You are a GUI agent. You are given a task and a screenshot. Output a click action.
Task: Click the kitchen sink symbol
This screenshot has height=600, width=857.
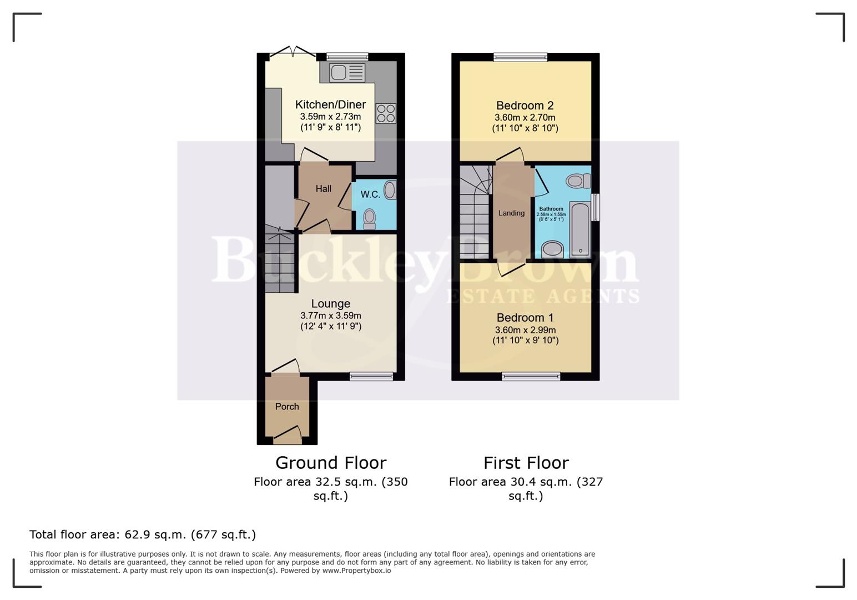[347, 73]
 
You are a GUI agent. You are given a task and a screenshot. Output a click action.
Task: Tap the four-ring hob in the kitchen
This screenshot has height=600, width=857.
[386, 113]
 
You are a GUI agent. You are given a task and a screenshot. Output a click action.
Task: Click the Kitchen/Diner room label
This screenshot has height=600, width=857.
[330, 104]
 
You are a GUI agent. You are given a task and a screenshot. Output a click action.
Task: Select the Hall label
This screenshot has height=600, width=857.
[324, 189]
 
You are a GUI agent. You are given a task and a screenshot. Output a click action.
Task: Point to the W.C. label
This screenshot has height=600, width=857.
[370, 194]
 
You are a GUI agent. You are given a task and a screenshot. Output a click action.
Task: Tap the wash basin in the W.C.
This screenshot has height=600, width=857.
[390, 190]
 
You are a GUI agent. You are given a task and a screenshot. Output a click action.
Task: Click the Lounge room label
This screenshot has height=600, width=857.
[330, 303]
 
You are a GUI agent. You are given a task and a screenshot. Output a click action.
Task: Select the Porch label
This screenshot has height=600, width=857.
[287, 407]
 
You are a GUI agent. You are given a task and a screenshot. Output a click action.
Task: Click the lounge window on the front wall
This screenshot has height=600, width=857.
[371, 377]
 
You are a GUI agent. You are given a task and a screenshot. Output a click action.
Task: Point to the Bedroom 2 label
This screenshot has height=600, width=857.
[525, 106]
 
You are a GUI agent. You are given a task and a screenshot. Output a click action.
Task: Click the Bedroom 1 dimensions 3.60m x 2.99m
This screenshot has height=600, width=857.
[525, 330]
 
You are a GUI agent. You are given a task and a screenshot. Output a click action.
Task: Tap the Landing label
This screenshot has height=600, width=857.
[511, 213]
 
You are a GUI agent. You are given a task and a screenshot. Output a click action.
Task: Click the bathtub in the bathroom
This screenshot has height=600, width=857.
[581, 229]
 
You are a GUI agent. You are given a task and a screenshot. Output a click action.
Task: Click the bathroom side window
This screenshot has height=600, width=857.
[596, 207]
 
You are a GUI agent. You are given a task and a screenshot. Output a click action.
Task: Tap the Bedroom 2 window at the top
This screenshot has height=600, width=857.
[520, 57]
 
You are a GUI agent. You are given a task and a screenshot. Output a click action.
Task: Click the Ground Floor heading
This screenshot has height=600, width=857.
[331, 463]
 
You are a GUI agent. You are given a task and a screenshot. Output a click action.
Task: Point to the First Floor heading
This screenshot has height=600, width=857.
[526, 463]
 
